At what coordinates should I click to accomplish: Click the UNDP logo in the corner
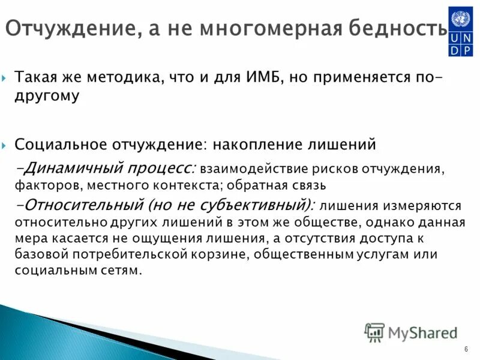460,31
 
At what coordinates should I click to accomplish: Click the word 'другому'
47,96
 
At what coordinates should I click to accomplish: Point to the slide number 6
466,350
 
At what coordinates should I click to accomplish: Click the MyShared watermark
411,332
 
